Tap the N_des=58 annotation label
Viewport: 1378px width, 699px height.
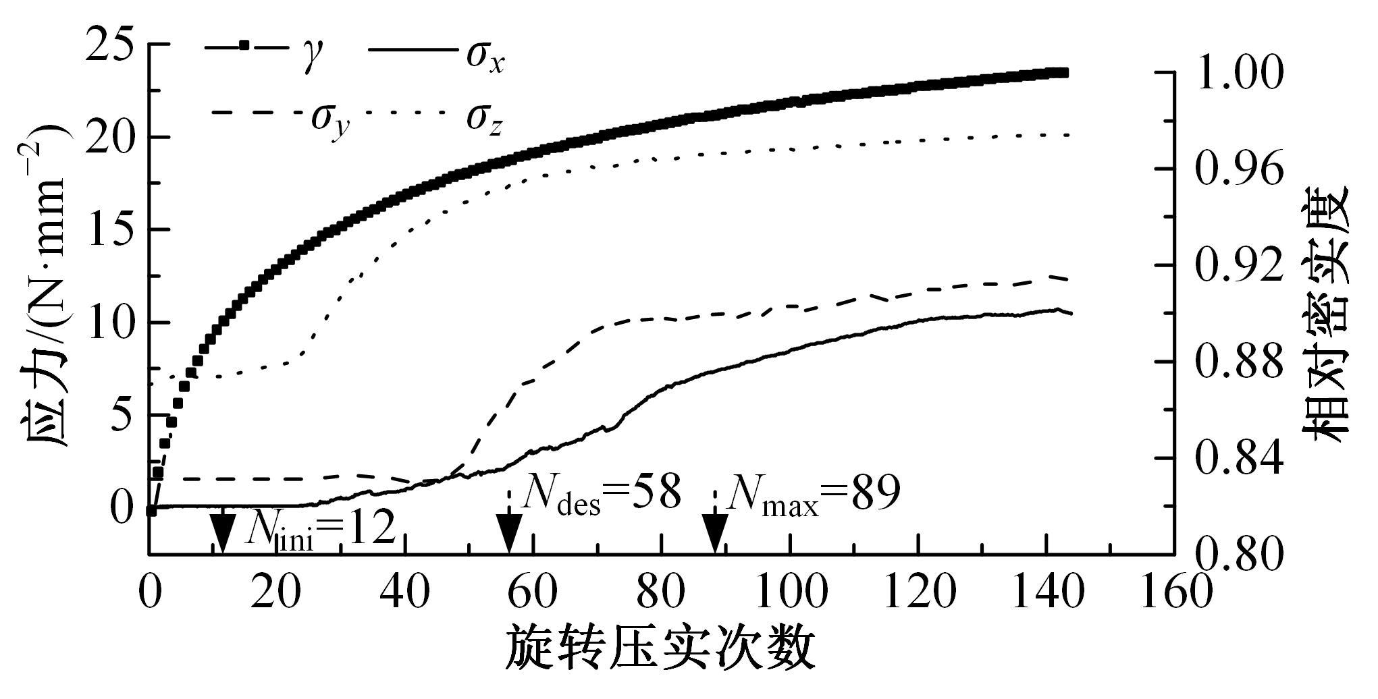click(602, 495)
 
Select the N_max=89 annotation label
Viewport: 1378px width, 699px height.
click(813, 495)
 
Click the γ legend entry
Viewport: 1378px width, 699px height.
click(264, 49)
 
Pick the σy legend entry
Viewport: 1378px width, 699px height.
click(284, 115)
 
